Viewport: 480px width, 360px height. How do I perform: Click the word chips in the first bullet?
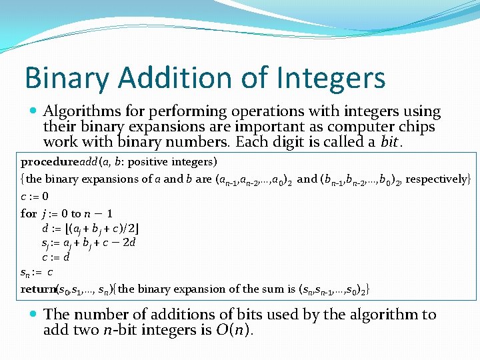click(x=415, y=127)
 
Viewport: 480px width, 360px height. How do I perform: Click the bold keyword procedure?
click(x=50, y=162)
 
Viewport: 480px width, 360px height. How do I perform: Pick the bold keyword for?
click(x=29, y=214)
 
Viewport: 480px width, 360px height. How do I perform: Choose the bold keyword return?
click(x=39, y=289)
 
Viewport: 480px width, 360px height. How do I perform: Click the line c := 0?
click(x=35, y=197)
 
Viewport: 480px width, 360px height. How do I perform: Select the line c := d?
click(x=56, y=257)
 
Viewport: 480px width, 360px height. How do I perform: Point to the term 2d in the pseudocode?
click(x=129, y=243)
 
